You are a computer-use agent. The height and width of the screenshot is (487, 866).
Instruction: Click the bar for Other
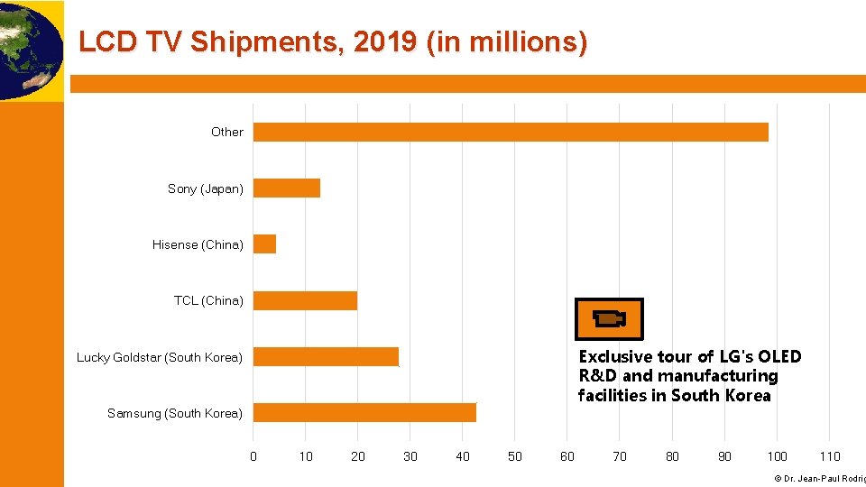pyautogui.click(x=511, y=133)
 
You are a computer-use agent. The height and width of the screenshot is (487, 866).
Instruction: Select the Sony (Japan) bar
pyautogui.click(x=287, y=188)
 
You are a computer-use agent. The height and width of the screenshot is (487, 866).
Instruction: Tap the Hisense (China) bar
pyautogui.click(x=264, y=244)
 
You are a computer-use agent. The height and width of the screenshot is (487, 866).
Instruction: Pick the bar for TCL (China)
pyautogui.click(x=305, y=300)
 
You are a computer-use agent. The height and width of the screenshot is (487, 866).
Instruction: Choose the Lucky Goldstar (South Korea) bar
pyautogui.click(x=326, y=357)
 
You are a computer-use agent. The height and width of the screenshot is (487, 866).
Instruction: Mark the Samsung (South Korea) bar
pyautogui.click(x=364, y=413)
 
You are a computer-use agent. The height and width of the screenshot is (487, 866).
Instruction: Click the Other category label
pyautogui.click(x=226, y=133)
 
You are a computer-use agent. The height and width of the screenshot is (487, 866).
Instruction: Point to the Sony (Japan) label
pyautogui.click(x=205, y=188)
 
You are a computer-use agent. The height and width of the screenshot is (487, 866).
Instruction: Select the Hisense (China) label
pyautogui.click(x=198, y=244)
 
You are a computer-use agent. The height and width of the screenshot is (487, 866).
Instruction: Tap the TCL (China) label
pyautogui.click(x=208, y=300)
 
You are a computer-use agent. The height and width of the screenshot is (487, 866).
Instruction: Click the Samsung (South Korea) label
pyautogui.click(x=174, y=413)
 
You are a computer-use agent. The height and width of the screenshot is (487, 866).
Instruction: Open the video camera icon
pyautogui.click(x=610, y=319)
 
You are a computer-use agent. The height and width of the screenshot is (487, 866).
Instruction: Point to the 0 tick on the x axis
pyautogui.click(x=253, y=456)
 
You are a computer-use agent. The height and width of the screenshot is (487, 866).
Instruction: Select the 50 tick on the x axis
pyautogui.click(x=515, y=456)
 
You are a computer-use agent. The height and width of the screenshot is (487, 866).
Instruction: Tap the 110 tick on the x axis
pyautogui.click(x=829, y=456)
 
